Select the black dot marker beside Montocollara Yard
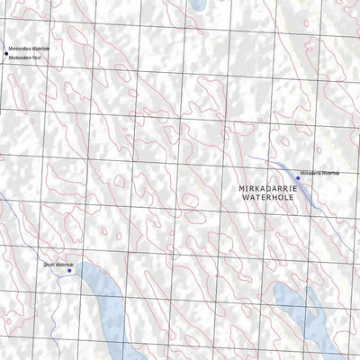[x=4, y=55]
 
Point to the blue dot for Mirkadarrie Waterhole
[x=298, y=178]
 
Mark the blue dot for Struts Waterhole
[x=69, y=270]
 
